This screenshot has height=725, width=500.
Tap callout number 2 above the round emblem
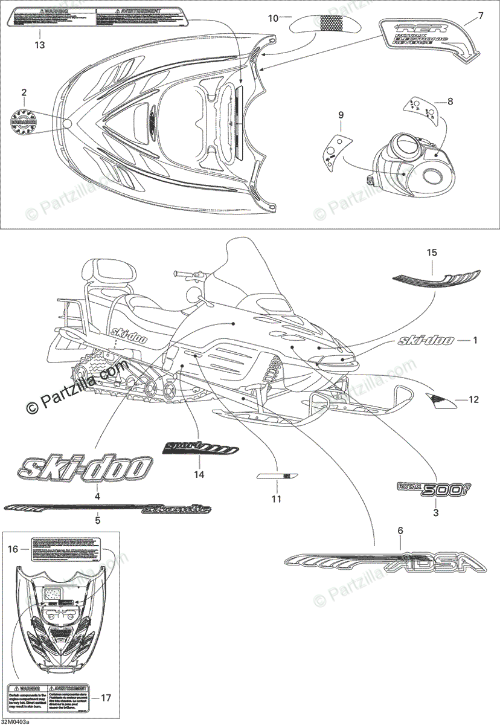(24, 92)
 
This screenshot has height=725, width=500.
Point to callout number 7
(481, 15)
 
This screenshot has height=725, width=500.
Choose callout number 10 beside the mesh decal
(273, 18)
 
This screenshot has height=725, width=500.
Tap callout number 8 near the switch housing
(450, 101)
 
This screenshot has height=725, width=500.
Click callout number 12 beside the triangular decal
(473, 399)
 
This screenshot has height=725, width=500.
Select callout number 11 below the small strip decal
(276, 499)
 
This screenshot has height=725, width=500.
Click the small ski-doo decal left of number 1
(425, 341)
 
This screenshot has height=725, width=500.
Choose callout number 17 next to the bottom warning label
(106, 698)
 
